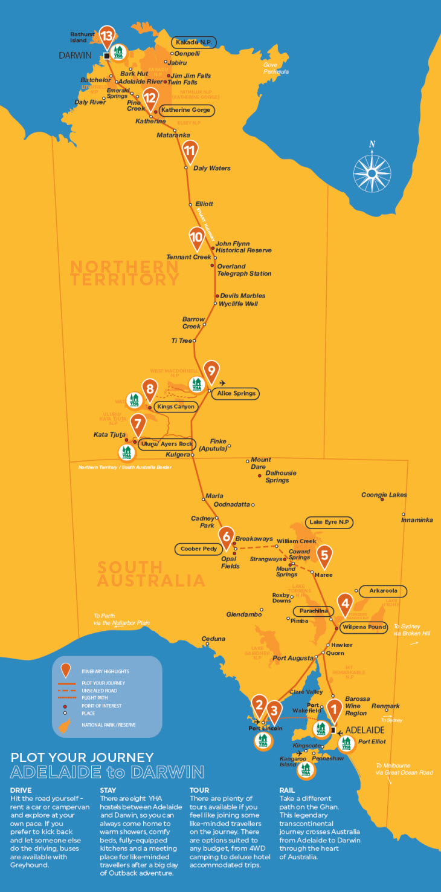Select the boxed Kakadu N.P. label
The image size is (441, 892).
coord(194,43)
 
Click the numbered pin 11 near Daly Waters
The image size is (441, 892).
coord(190,151)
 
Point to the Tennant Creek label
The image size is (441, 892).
coord(188,257)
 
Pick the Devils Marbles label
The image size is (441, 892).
coord(243,296)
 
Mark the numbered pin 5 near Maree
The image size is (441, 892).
coord(324,555)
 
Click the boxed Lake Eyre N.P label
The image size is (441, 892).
coord(329,522)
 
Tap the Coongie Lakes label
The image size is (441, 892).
coord(384,495)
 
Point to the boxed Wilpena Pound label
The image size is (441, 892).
coord(363,627)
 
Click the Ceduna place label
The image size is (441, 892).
coord(213,639)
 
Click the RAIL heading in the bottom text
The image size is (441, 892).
coord(288,790)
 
